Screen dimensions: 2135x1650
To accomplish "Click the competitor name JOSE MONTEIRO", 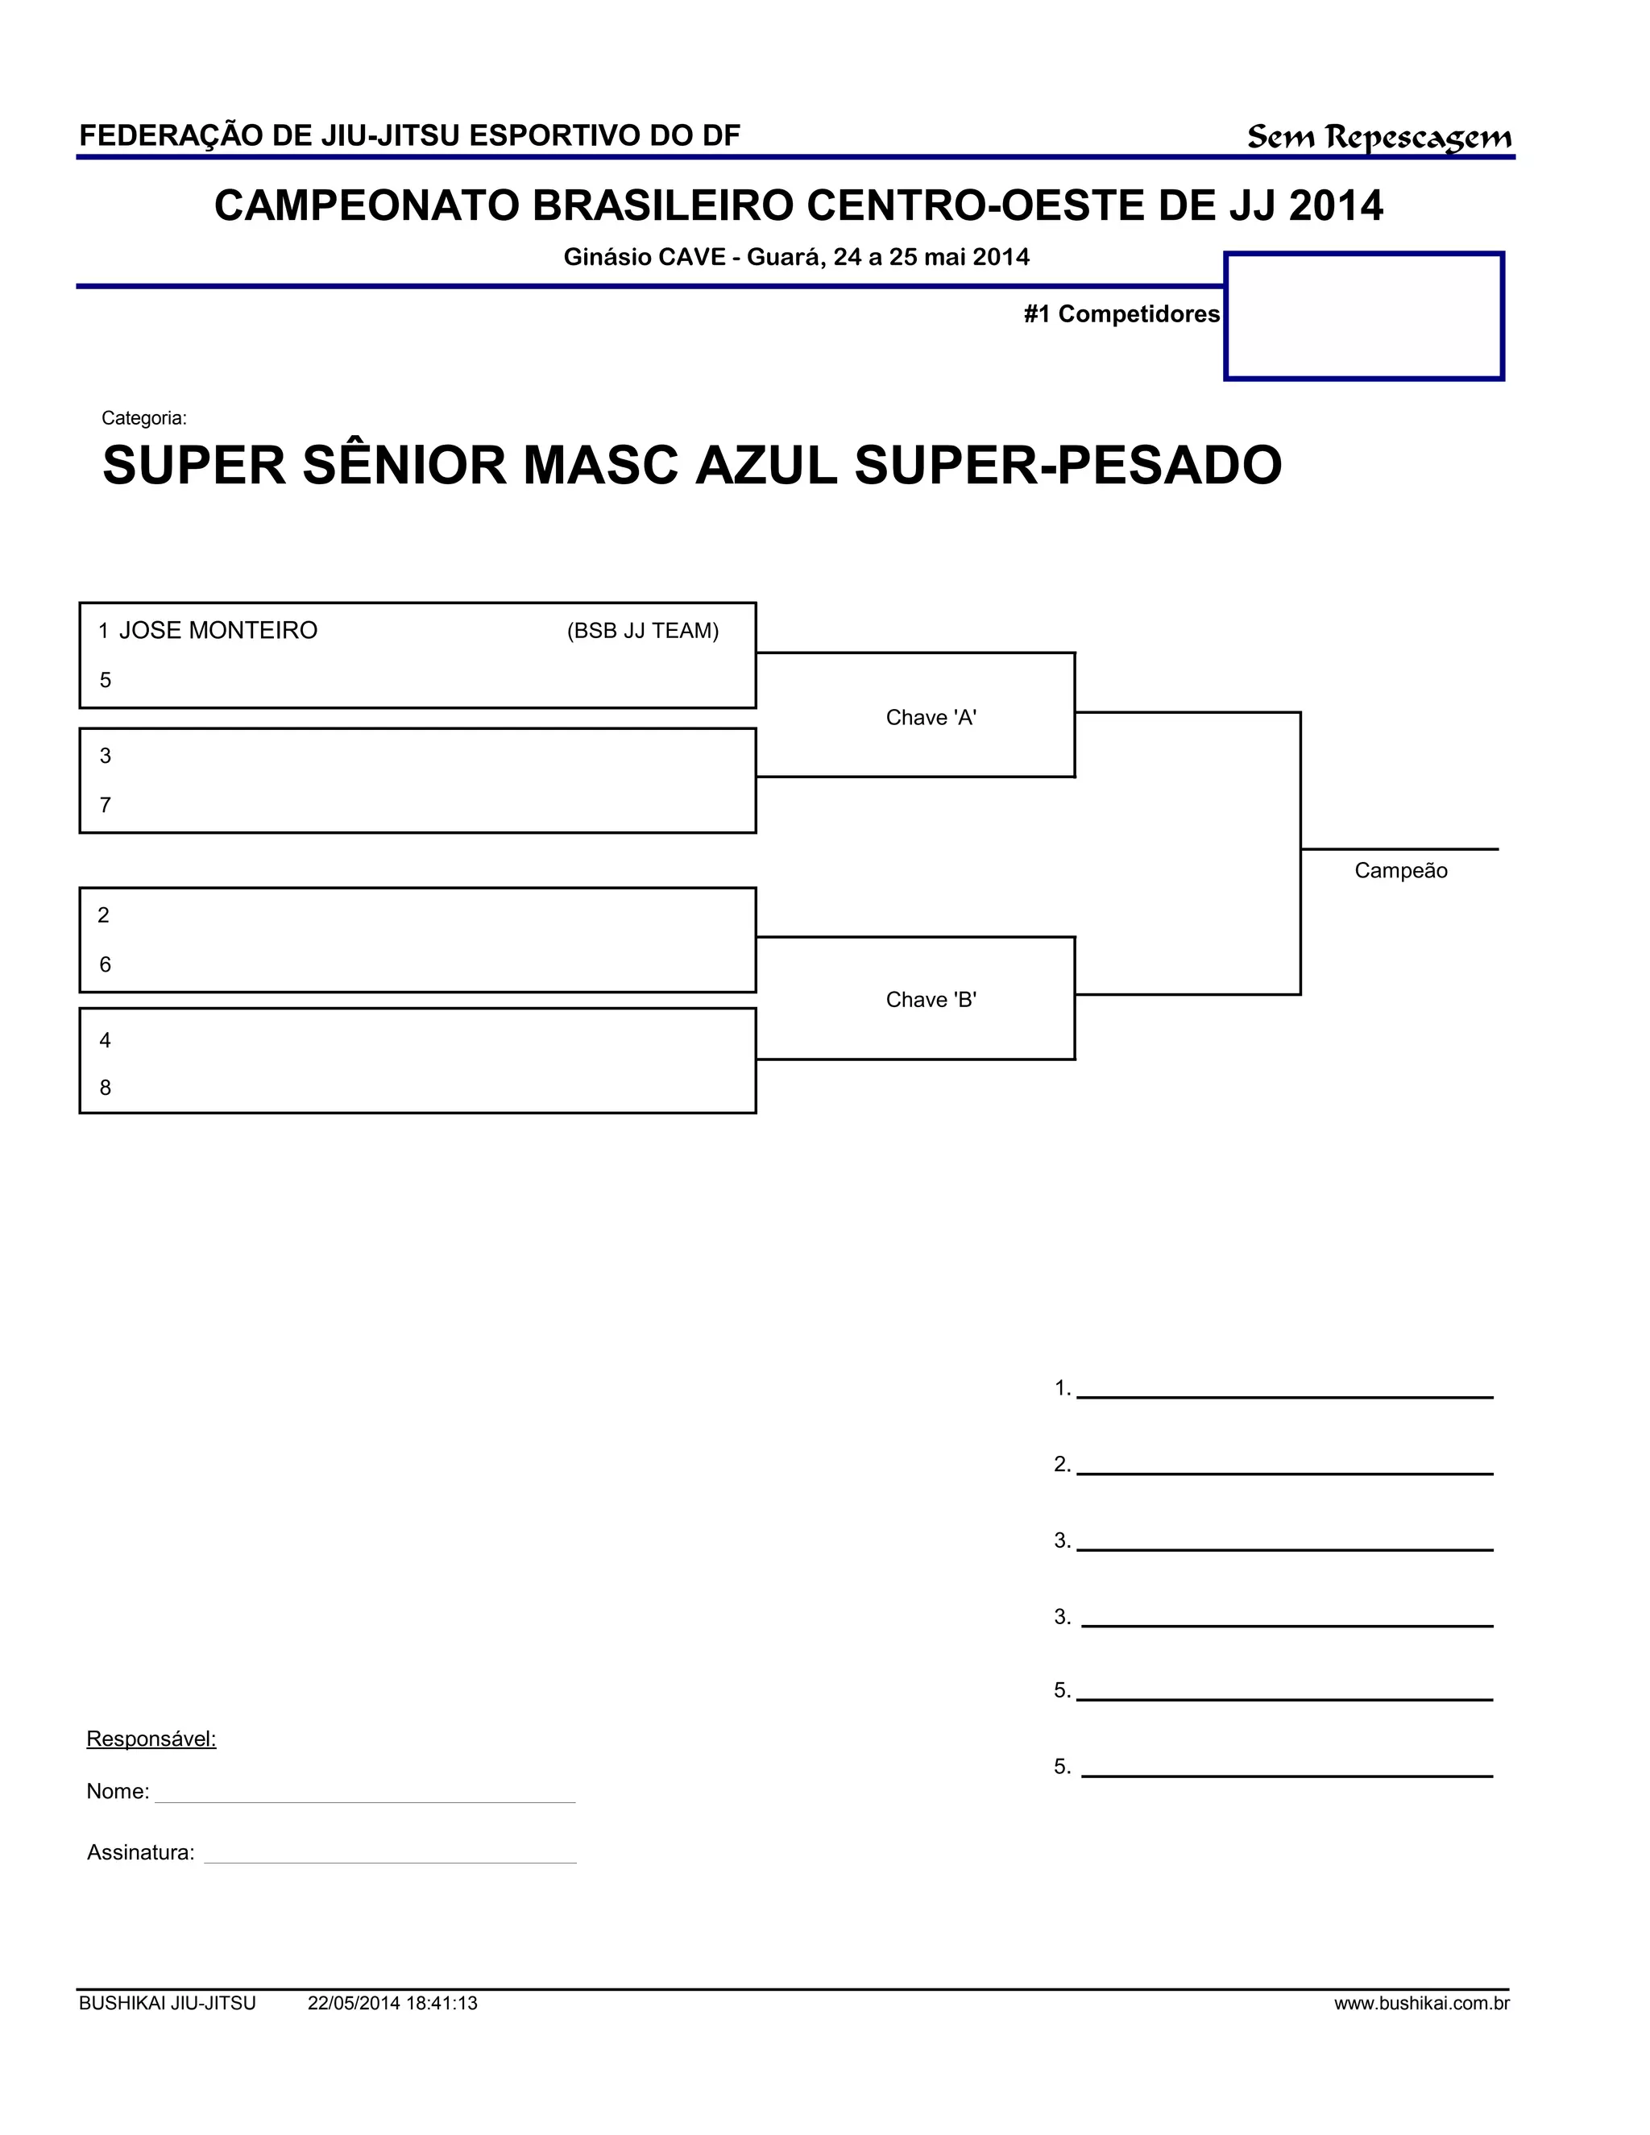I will coord(218,631).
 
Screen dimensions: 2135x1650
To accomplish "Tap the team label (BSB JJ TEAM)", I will coord(642,632).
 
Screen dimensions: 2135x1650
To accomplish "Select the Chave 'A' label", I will coord(931,718).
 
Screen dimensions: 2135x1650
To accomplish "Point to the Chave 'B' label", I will coord(931,999).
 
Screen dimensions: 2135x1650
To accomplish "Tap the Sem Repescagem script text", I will coord(1378,138).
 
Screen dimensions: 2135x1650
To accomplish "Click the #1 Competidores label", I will coord(1121,313).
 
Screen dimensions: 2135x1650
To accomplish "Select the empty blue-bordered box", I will coord(1364,316).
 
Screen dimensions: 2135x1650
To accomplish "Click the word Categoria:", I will coord(143,418).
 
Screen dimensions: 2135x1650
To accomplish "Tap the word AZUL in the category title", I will coord(765,466).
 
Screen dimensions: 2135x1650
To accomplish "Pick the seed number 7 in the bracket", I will coord(106,806).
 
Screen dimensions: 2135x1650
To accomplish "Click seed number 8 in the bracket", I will coord(106,1088).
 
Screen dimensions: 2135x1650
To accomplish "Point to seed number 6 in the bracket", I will coord(106,965).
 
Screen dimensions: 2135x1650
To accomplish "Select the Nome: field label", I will coord(118,1792).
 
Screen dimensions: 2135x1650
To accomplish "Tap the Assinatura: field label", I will coord(141,1852).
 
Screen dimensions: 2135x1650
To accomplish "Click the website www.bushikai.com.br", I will coord(1421,2004).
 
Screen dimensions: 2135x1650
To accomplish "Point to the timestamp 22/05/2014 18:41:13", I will coord(392,2004).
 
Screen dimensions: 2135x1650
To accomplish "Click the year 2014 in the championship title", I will coord(1335,206).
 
